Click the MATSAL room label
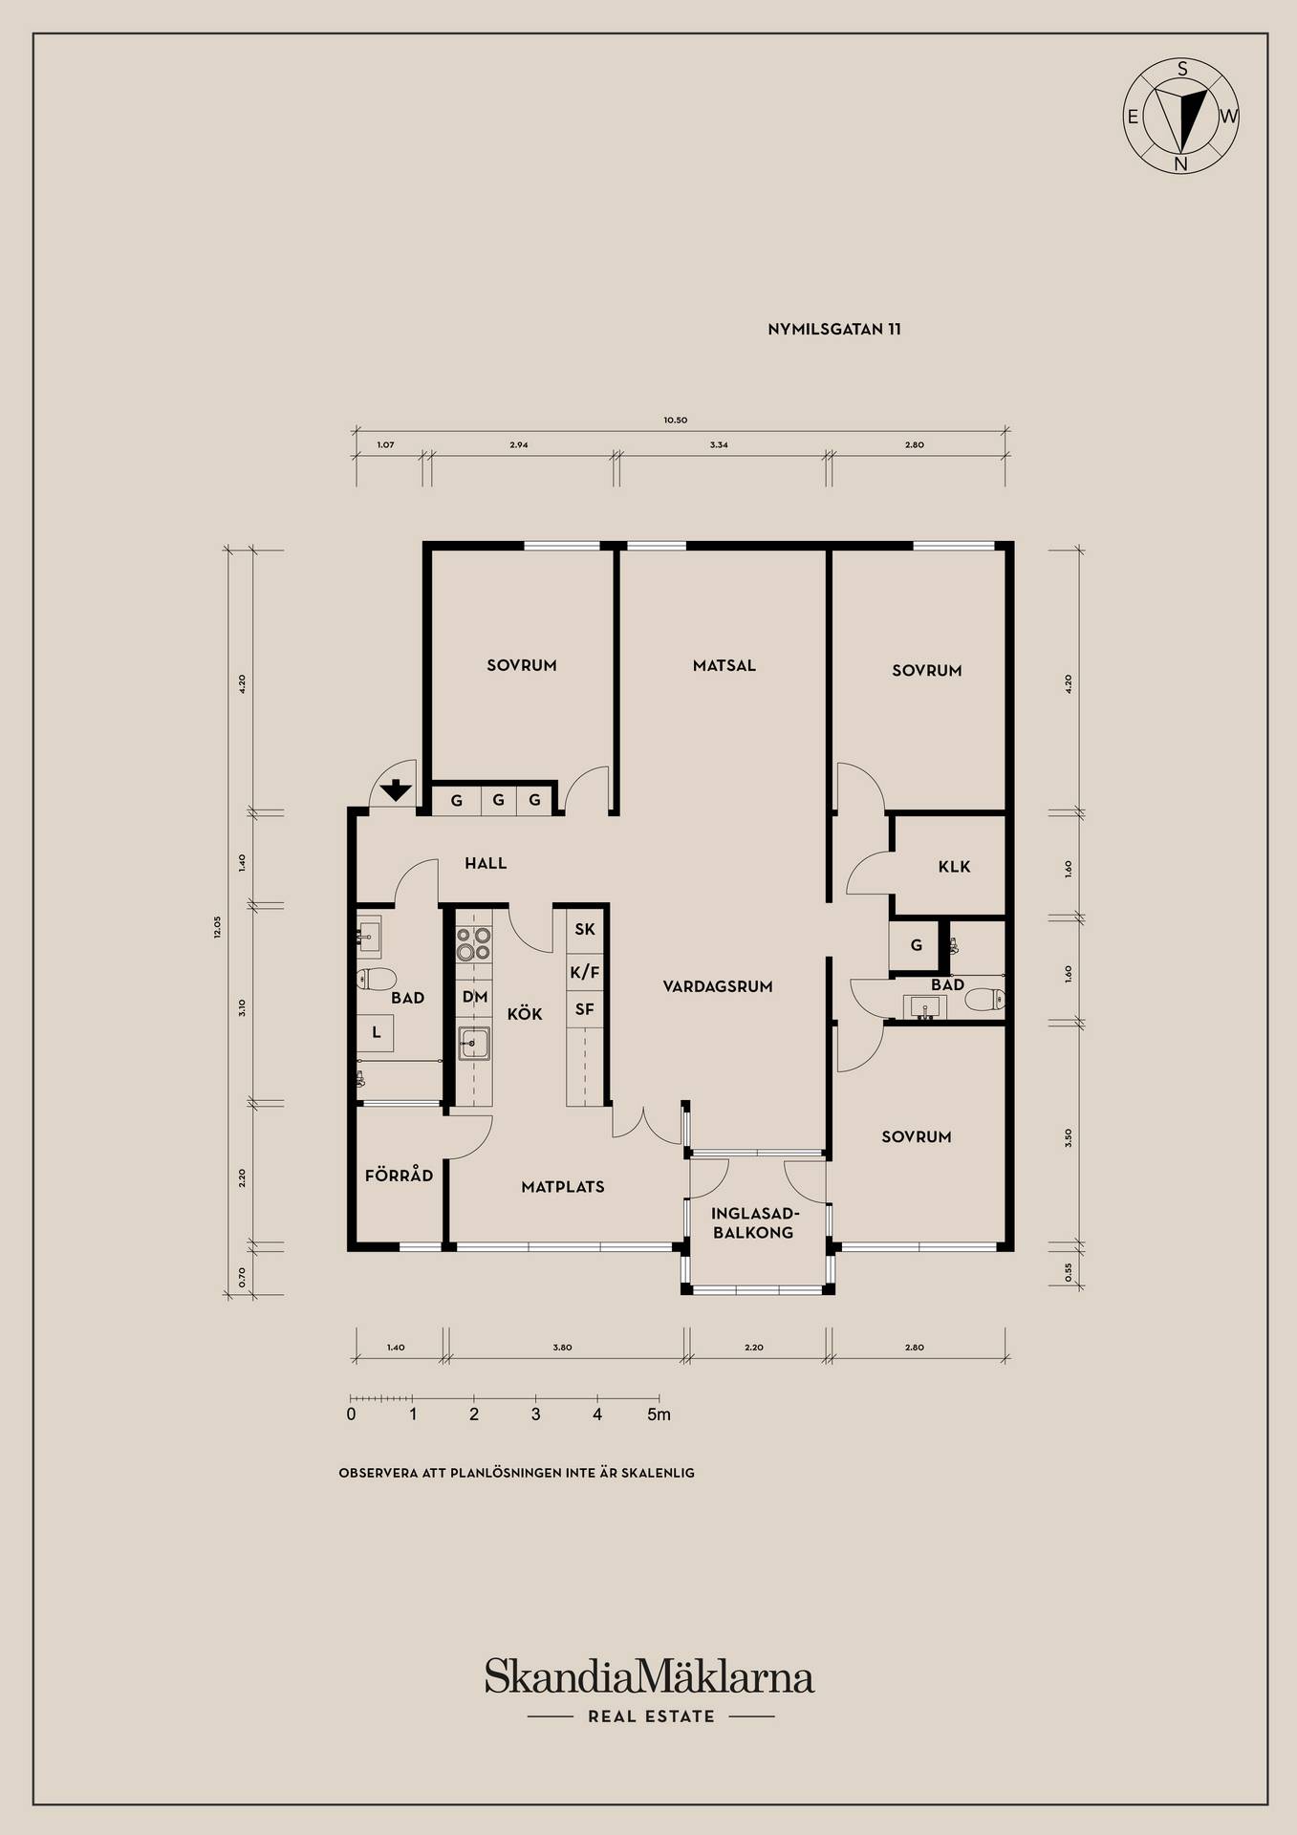tap(724, 665)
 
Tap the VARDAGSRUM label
tap(718, 986)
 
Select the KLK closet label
tap(954, 867)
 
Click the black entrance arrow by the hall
tap(396, 790)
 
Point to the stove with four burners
tap(473, 944)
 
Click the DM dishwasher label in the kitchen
tap(475, 997)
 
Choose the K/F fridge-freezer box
tap(585, 973)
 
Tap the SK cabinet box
tap(585, 929)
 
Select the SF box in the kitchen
tap(585, 1009)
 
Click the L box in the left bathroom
tap(377, 1033)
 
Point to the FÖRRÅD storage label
tap(399, 1175)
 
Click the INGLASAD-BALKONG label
tap(753, 1223)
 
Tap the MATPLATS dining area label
tap(563, 1187)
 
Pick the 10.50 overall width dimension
tap(675, 420)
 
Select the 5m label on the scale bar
tap(659, 1414)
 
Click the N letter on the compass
tap(1181, 163)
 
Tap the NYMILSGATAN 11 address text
tap(834, 330)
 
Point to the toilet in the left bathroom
tap(377, 979)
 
